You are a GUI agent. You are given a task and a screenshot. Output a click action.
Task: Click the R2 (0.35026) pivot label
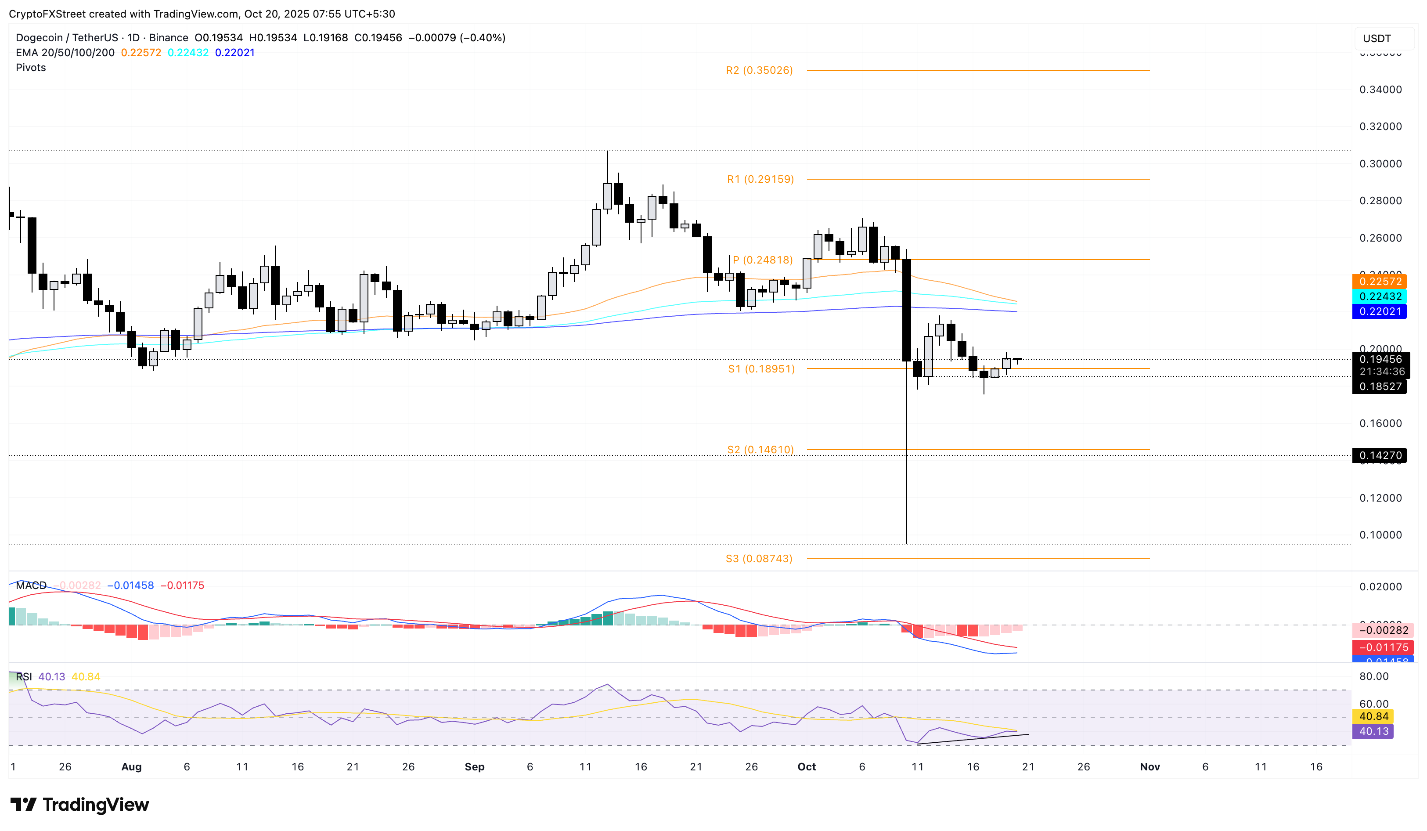pos(759,70)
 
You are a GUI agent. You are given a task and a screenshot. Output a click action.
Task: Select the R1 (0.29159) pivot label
pos(760,179)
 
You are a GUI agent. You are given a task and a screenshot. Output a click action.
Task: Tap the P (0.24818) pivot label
pos(762,260)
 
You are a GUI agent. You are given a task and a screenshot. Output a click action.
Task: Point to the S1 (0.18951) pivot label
pos(761,369)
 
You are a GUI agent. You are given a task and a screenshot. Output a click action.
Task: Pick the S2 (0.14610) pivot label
pos(760,450)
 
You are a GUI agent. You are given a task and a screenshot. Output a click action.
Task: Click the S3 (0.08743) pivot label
pos(759,559)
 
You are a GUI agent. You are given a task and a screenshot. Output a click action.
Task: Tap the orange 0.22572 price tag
pos(1380,282)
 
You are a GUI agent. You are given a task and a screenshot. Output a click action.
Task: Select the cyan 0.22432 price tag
pos(1380,296)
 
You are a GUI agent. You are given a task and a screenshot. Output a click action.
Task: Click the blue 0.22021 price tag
pos(1380,311)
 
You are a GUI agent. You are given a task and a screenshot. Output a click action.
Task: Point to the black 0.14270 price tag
pos(1380,455)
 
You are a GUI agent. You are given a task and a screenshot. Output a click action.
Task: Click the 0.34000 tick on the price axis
pos(1380,90)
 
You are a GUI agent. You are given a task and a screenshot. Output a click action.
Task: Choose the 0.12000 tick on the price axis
pos(1380,498)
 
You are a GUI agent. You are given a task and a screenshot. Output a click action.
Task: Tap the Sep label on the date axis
pos(475,766)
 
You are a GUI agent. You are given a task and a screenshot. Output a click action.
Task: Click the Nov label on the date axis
pos(1150,766)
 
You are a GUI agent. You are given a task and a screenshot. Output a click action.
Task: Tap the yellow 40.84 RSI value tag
pos(1373,716)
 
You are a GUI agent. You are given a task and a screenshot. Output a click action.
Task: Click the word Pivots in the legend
pos(31,67)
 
